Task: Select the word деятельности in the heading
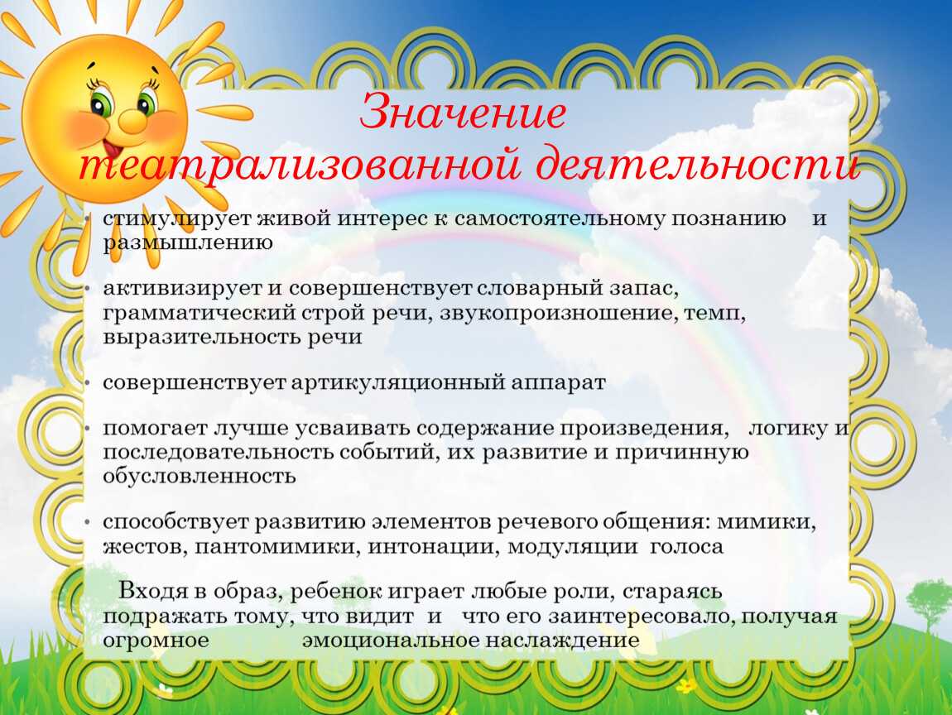pos(697,166)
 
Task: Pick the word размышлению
pos(188,242)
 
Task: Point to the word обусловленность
pos(199,476)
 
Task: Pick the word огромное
pos(155,641)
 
